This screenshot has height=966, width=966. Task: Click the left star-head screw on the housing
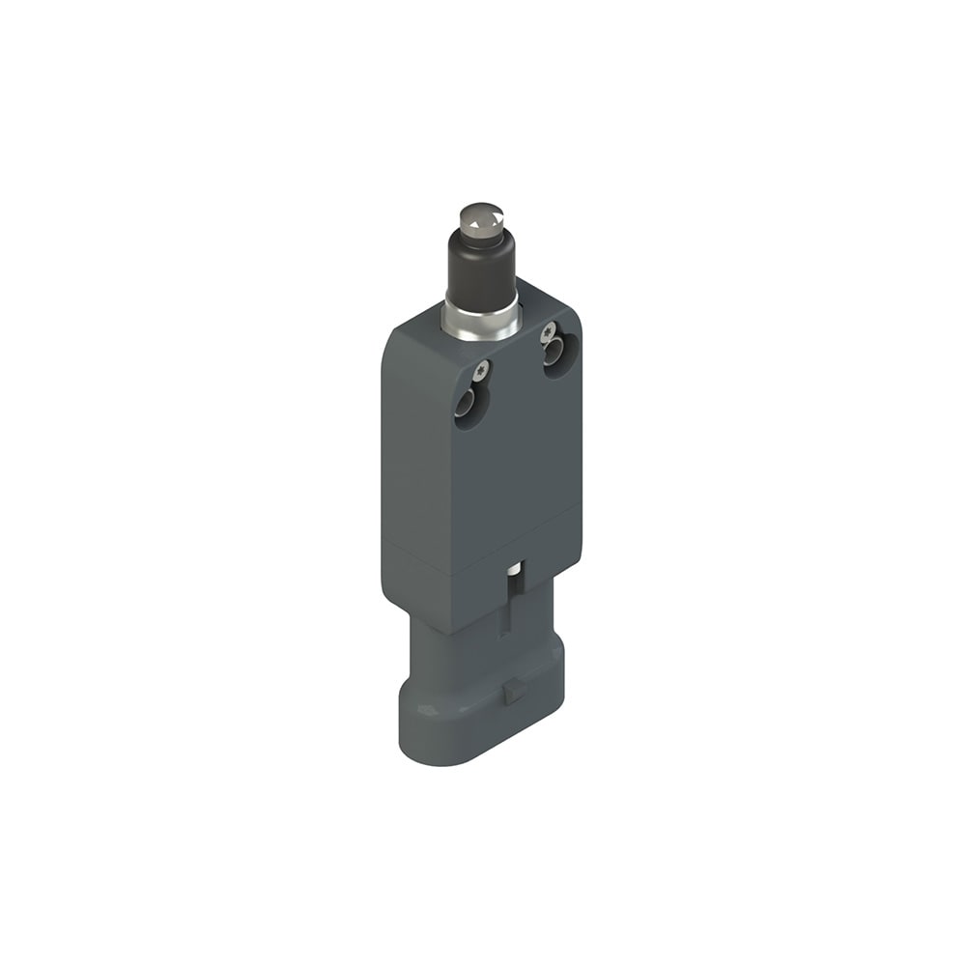tap(482, 368)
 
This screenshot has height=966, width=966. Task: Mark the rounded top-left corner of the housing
tap(390, 332)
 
